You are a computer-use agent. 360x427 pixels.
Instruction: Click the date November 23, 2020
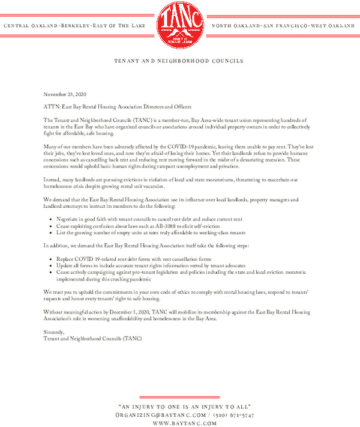click(x=65, y=95)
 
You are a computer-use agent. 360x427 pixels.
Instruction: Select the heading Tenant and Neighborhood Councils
click(x=179, y=61)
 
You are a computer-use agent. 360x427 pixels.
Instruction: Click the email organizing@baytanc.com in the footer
click(x=158, y=415)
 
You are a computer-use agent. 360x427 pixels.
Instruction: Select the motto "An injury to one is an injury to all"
click(x=180, y=407)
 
